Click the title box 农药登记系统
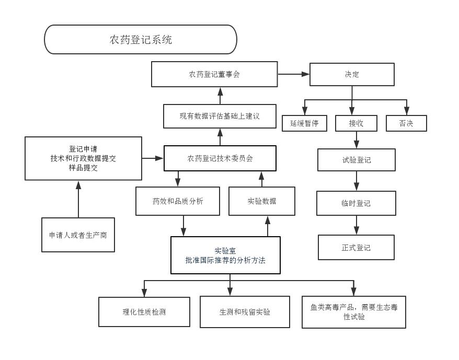[x=140, y=40]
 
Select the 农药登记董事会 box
[x=214, y=74]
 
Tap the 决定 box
[x=352, y=74]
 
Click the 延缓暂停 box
[x=304, y=123]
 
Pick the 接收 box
[x=356, y=123]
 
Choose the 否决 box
[x=406, y=123]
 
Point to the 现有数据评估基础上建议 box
[x=220, y=116]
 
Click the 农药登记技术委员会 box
[x=220, y=158]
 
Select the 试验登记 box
[x=357, y=160]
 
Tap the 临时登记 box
[x=356, y=203]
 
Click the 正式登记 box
[x=356, y=248]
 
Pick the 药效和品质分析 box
[x=178, y=201]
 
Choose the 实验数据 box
[x=262, y=201]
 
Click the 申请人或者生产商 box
[x=78, y=235]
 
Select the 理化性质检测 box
[x=144, y=312]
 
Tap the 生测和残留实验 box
[x=245, y=312]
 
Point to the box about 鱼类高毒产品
[x=354, y=312]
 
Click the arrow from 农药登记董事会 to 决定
[x=293, y=74]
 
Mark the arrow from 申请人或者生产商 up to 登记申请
[x=78, y=199]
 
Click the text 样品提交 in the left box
[x=83, y=168]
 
